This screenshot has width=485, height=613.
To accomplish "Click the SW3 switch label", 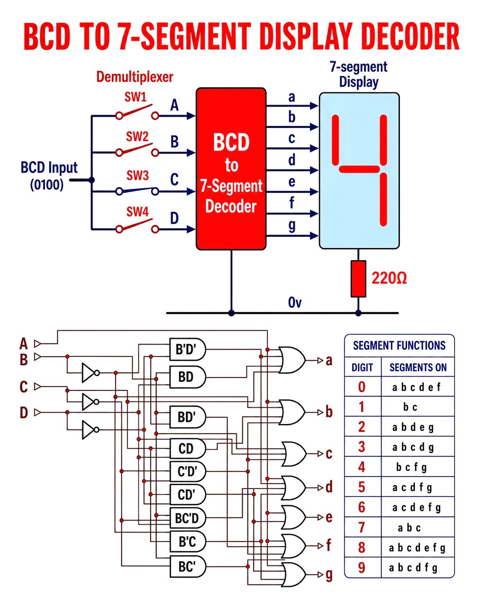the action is coord(138,176).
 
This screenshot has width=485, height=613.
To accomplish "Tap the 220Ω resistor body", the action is coord(358,279).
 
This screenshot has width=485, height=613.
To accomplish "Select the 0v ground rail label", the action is coord(294,302).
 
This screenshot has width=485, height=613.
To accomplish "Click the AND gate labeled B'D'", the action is coord(188,349).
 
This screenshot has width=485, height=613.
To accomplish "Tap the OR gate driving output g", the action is coord(293,574).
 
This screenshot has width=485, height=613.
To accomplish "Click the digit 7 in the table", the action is coord(362,527).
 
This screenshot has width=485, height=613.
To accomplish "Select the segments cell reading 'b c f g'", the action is coord(411,467).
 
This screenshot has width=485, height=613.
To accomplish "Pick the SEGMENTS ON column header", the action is coord(418,367).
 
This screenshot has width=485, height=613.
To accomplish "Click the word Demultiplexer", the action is coord(135,77).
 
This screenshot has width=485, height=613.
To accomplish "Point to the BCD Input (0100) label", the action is coord(49,176).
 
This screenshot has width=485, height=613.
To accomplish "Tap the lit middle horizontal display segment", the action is coord(359,169).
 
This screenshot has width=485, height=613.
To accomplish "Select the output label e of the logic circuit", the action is coord(329,517).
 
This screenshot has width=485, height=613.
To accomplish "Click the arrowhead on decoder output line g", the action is coord(314,236).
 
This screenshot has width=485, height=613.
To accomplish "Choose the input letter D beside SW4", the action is coord(174,218).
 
